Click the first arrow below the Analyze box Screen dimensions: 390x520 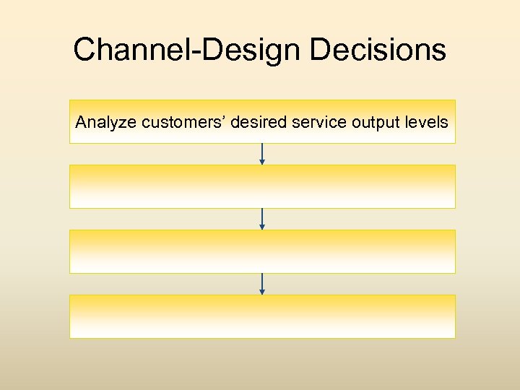(262, 153)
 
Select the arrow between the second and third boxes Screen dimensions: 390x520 (262, 218)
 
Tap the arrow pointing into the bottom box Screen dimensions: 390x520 (262, 283)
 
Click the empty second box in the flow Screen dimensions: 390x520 (262, 186)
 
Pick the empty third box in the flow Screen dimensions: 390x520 (262, 251)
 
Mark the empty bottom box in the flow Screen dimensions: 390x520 (262, 316)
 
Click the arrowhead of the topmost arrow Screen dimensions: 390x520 (262, 162)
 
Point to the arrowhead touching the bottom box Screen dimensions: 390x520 (262, 292)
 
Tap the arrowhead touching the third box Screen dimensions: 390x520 (262, 227)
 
